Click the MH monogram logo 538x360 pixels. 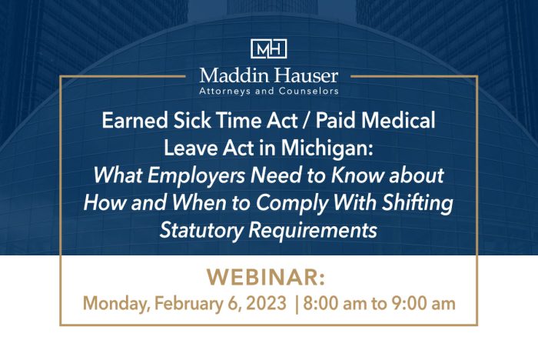[x=269, y=48]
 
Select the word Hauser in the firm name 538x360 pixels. [x=304, y=75]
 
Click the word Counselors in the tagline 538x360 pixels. [x=307, y=91]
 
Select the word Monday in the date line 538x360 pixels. [x=112, y=303]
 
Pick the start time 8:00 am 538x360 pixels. [x=335, y=303]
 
